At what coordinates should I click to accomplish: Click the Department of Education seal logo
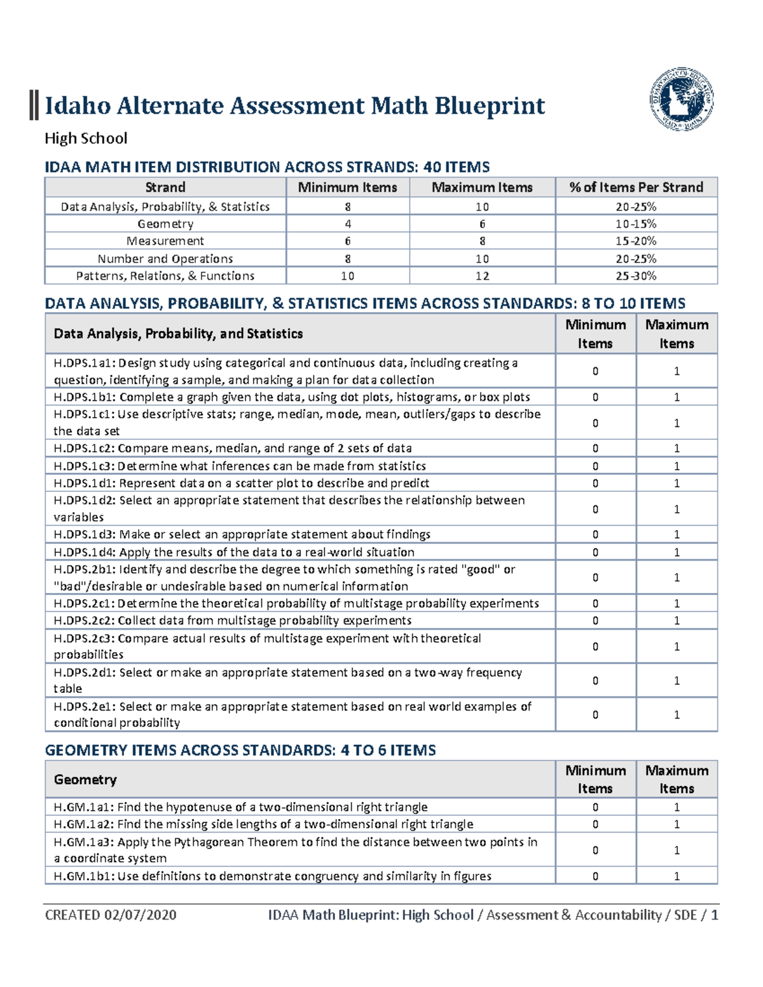click(681, 99)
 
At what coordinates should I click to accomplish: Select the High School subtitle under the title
click(86, 139)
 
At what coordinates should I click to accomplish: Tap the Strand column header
click(165, 187)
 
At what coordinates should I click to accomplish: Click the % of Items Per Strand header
click(636, 187)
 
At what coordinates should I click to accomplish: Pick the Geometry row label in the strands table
click(165, 224)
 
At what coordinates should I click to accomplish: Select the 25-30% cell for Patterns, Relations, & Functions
click(636, 276)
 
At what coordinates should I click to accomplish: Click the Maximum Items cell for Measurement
click(482, 241)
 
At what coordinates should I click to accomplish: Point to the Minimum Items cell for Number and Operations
click(347, 259)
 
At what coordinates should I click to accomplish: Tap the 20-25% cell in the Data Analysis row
click(636, 207)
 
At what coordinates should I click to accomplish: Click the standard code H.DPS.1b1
click(85, 397)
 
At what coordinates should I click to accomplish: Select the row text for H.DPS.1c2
click(233, 448)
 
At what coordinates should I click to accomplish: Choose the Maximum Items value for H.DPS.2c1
click(677, 603)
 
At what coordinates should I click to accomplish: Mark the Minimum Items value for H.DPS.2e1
click(595, 714)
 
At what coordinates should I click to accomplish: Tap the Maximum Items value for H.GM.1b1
click(677, 876)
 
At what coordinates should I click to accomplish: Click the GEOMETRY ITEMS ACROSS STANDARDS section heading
click(240, 751)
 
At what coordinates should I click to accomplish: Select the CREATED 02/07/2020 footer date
click(111, 915)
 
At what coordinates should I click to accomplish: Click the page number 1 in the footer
click(715, 915)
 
